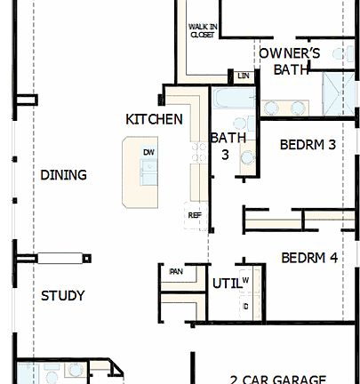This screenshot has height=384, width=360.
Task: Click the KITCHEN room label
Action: tap(154, 119)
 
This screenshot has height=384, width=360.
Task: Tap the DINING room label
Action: tap(63, 175)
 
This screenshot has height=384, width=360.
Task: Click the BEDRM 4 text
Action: tap(308, 259)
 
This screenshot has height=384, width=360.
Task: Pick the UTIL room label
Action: tap(224, 284)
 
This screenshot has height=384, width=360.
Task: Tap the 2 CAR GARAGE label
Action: tap(277, 378)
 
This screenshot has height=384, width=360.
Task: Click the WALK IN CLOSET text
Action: tap(202, 31)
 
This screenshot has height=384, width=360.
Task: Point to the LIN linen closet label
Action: tap(242, 77)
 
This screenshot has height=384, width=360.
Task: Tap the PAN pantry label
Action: tap(176, 272)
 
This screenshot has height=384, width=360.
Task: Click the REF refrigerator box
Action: tap(194, 215)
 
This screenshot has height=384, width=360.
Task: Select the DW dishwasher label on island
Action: tap(148, 152)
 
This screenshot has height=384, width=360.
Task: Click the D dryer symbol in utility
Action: tap(245, 306)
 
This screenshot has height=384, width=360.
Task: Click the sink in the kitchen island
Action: tap(148, 173)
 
